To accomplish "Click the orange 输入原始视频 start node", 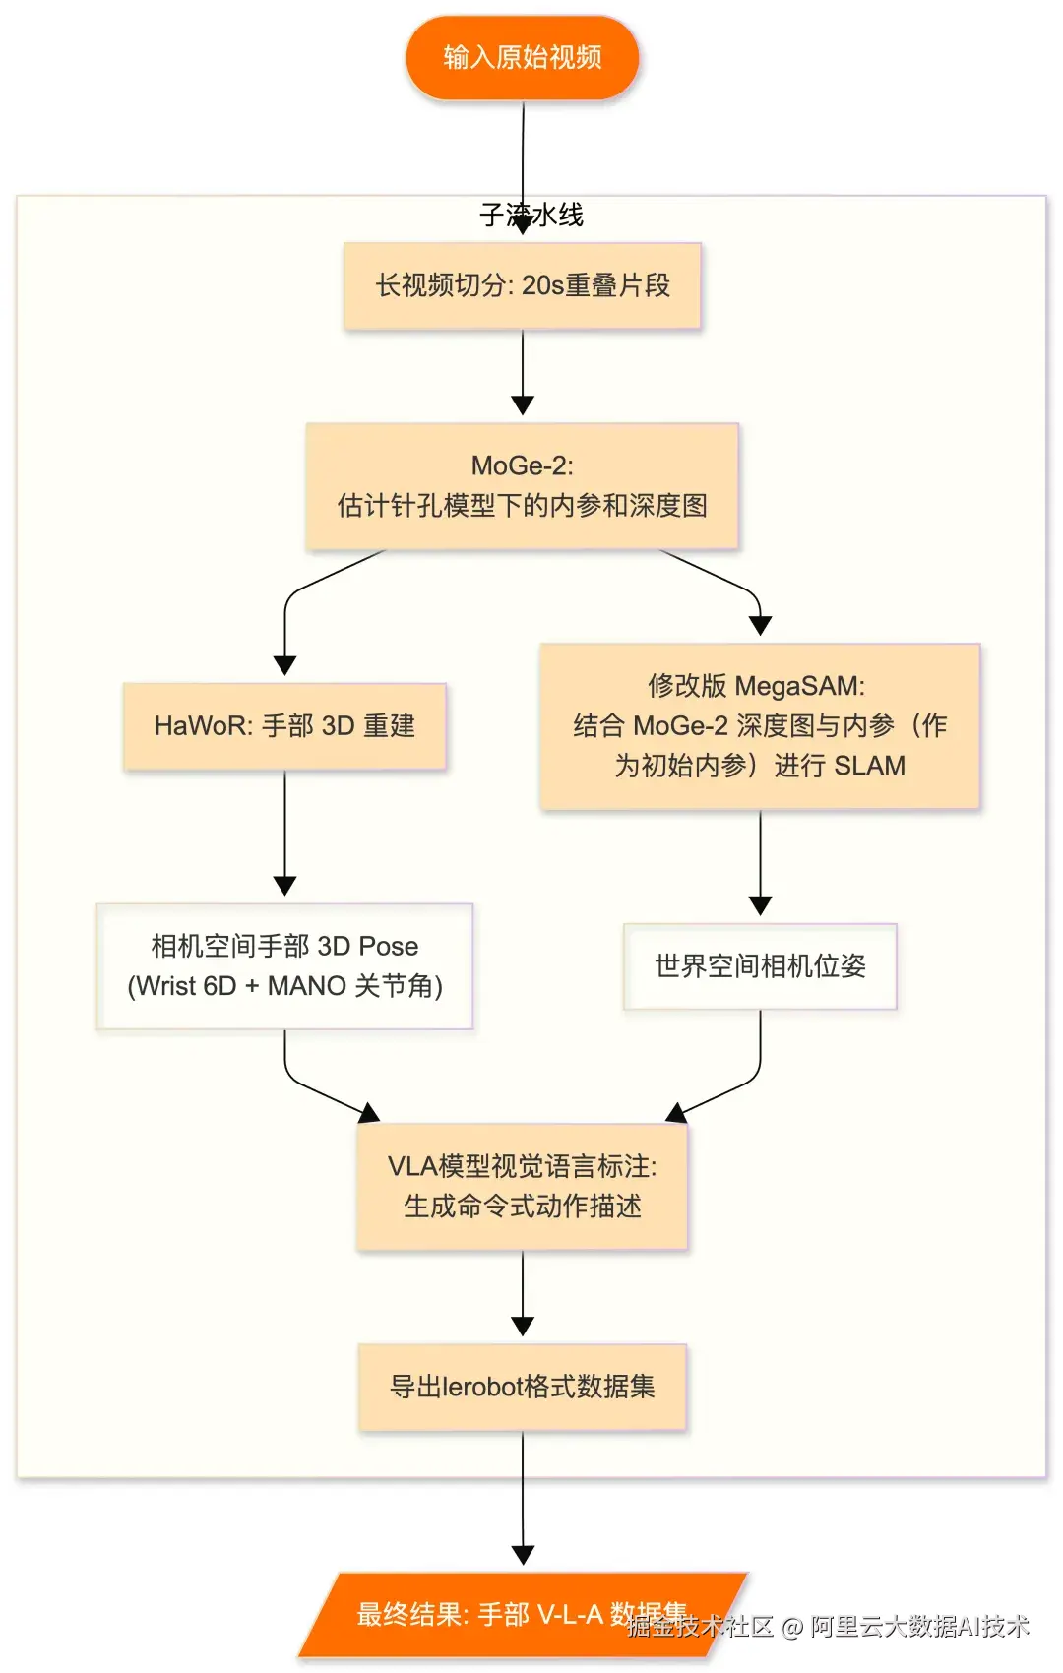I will coord(523,57).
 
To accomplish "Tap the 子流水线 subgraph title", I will coord(531,215).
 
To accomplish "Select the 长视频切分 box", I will coord(523,285).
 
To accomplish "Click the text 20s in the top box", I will coord(542,285).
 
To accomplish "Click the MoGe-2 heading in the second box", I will coord(523,465).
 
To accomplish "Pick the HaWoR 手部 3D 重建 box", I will coord(284,726).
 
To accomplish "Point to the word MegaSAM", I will coord(799,685).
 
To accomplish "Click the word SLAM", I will coord(869,766).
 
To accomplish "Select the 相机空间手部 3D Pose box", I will coord(284,966).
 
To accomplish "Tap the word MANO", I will coord(306,986).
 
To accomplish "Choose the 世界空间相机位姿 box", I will coord(760,966).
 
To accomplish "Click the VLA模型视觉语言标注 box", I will coord(523,1187).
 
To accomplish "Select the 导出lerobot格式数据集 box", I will coord(523,1388).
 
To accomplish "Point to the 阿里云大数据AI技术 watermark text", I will coord(919,1626).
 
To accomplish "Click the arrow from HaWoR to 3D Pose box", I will coord(284,832).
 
